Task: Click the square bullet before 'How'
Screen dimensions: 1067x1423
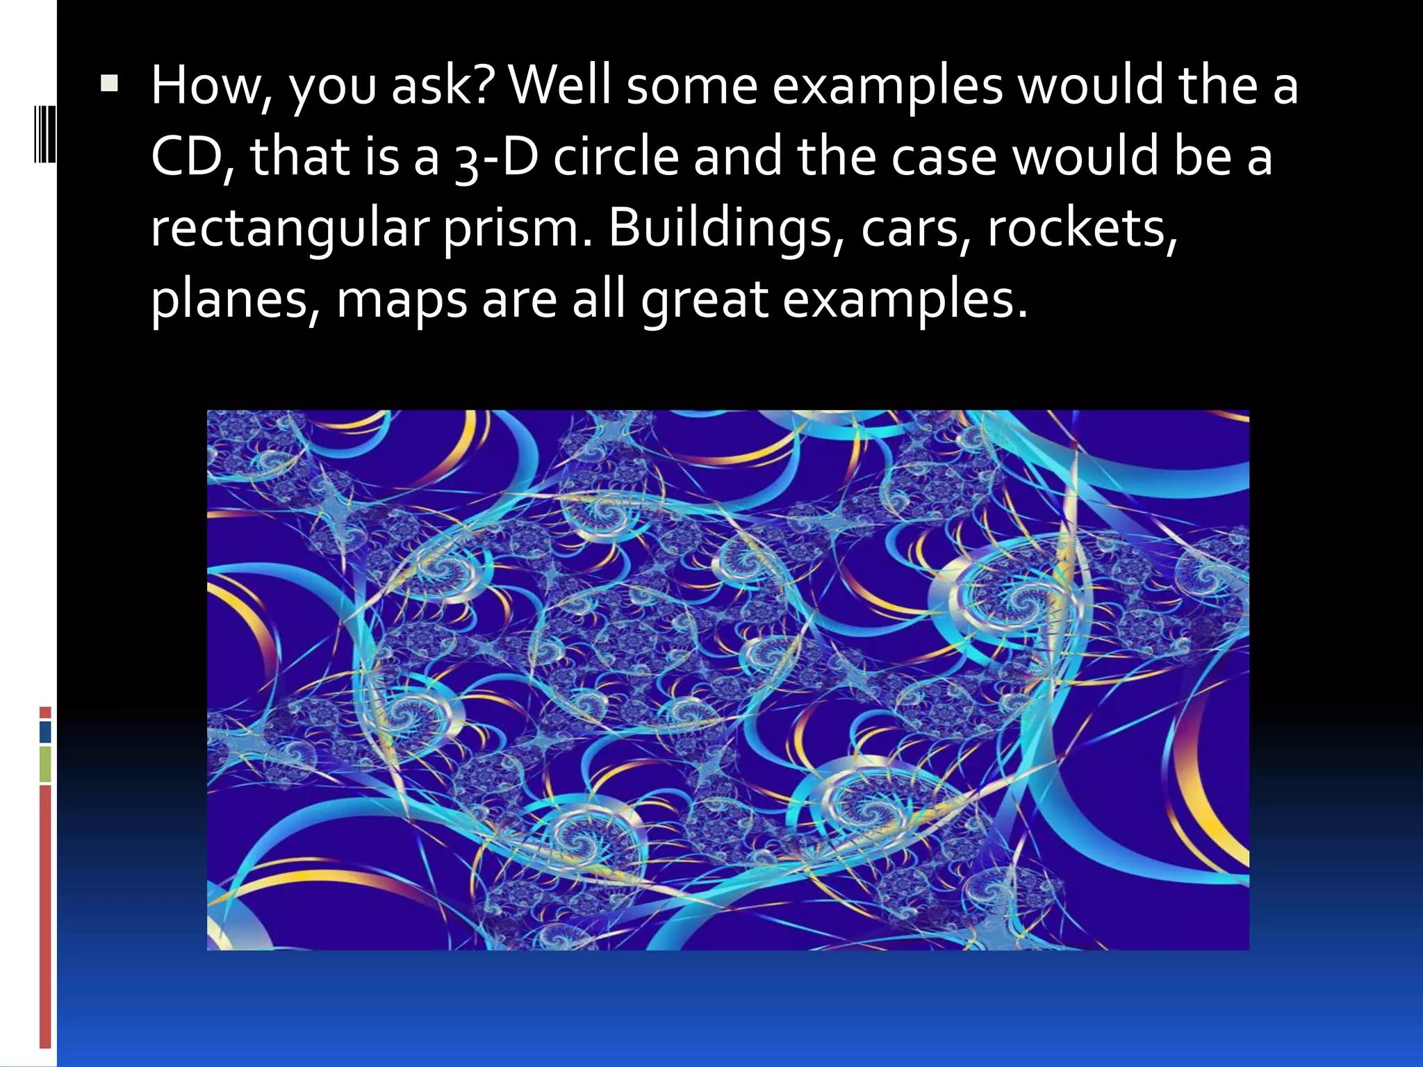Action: tap(109, 85)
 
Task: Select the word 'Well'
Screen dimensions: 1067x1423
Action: tap(561, 86)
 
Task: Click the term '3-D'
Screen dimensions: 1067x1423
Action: tap(496, 157)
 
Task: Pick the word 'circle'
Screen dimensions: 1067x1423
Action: tap(616, 157)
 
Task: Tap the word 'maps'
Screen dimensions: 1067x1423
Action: tap(402, 300)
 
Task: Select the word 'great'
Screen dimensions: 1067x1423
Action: tap(704, 300)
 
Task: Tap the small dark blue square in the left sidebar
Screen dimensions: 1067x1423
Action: tap(45, 731)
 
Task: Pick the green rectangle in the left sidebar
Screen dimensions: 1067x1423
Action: tap(45, 764)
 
